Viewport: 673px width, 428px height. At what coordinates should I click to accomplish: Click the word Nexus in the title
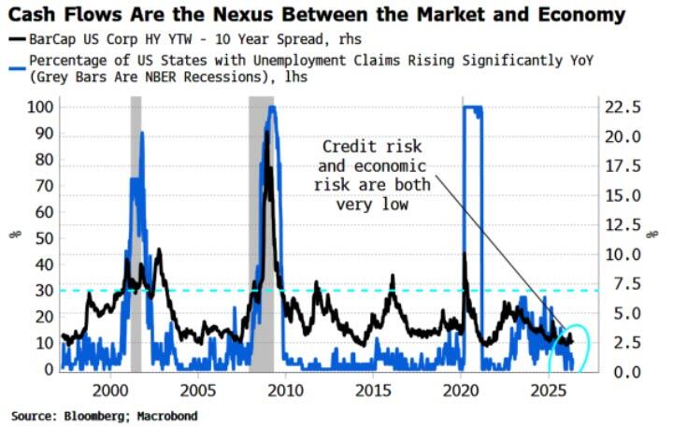(242, 15)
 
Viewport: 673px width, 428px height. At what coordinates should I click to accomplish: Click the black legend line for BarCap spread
(17, 39)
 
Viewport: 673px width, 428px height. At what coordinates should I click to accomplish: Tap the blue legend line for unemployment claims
(17, 68)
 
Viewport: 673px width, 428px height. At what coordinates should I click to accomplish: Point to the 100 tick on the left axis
(40, 107)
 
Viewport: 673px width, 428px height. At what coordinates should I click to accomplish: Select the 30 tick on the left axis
(45, 291)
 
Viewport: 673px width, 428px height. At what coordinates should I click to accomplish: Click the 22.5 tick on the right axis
(622, 107)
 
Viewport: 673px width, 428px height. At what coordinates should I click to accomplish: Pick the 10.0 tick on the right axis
(622, 254)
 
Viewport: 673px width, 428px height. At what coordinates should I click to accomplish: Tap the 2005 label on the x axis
(198, 391)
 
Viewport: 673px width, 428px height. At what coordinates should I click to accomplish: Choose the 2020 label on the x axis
(461, 391)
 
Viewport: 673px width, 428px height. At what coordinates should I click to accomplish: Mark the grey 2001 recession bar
(136, 235)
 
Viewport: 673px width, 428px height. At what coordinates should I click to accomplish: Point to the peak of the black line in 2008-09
(267, 132)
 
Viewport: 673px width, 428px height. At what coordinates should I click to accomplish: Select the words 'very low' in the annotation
(372, 204)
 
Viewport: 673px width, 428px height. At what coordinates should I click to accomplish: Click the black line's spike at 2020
(464, 253)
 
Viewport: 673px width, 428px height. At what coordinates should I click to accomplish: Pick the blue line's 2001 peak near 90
(142, 133)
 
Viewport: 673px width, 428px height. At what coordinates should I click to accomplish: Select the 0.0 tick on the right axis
(626, 371)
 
